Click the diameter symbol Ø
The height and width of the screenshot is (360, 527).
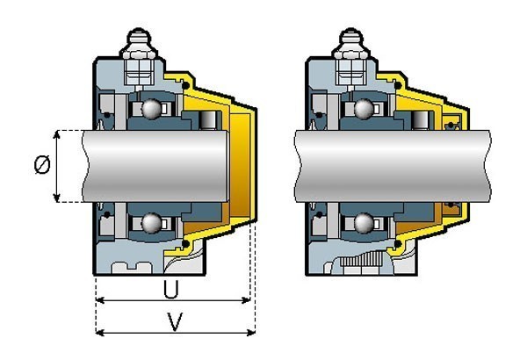click(x=42, y=165)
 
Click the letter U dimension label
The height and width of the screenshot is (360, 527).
click(x=171, y=290)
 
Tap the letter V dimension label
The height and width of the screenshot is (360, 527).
click(x=175, y=321)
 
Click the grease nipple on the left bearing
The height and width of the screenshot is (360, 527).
click(x=139, y=42)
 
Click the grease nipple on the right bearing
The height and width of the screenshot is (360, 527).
click(x=351, y=42)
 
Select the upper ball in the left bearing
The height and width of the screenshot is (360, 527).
click(x=151, y=109)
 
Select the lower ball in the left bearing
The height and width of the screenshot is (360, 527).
click(x=151, y=223)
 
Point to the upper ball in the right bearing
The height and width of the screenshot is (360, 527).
click(x=364, y=109)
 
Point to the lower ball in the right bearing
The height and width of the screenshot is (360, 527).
click(x=364, y=223)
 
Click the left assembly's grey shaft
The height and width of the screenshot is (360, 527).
click(x=155, y=166)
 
